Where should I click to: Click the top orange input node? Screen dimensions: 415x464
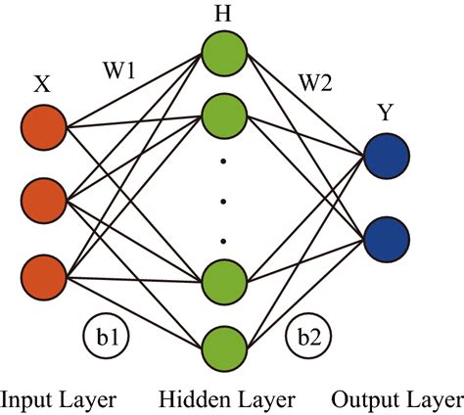pyautogui.click(x=45, y=128)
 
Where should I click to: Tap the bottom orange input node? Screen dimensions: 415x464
pyautogui.click(x=45, y=273)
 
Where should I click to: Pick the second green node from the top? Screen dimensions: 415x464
pyautogui.click(x=224, y=116)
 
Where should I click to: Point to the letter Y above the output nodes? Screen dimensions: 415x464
pyautogui.click(x=385, y=113)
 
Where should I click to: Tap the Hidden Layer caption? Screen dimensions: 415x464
pyautogui.click(x=225, y=399)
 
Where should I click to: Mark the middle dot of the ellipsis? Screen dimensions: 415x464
pyautogui.click(x=224, y=202)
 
